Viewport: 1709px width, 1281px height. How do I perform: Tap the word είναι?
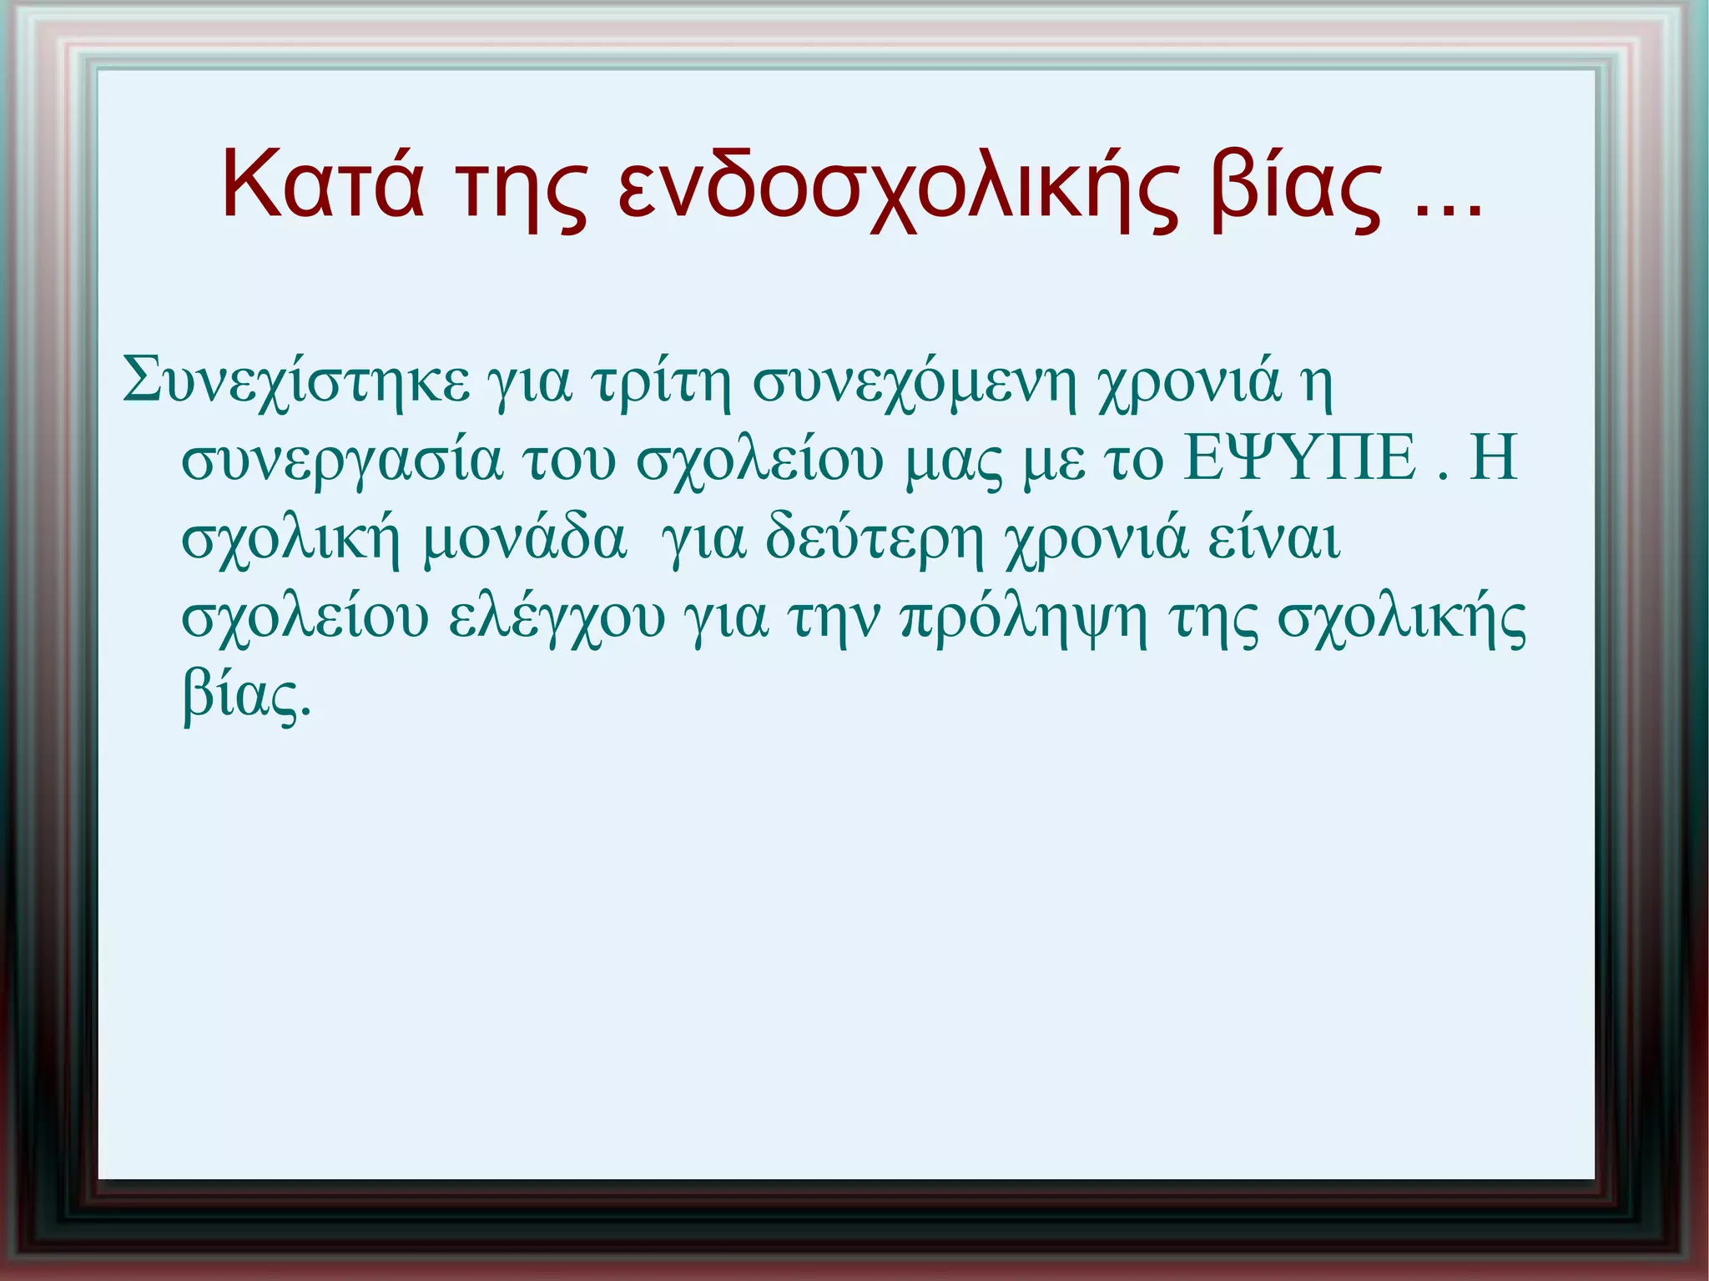[1274, 539]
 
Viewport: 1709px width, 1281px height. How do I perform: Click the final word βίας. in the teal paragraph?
[246, 697]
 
